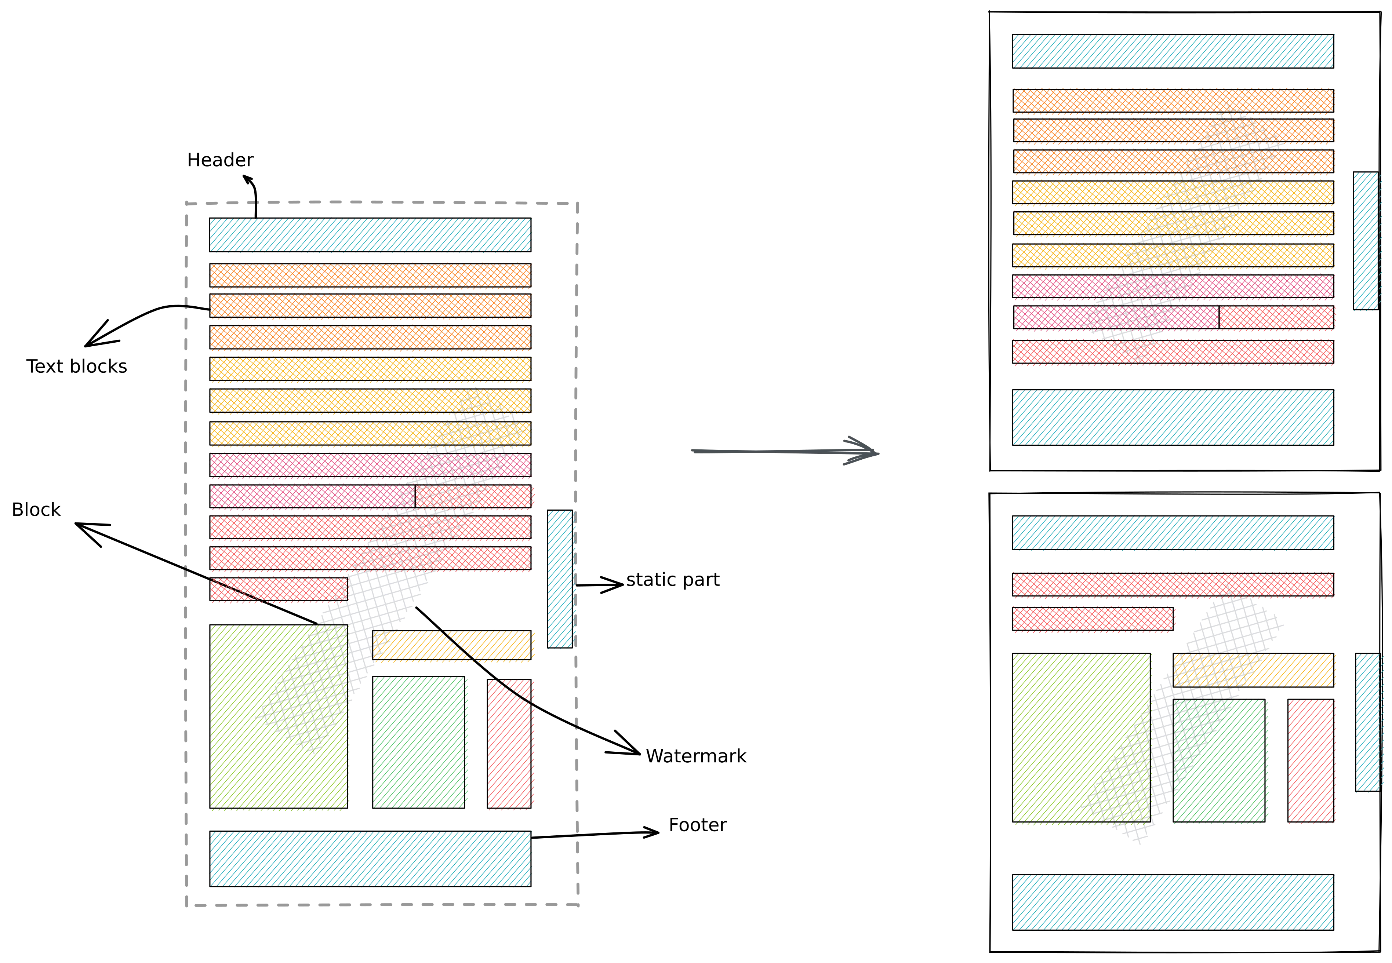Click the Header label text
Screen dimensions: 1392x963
220,160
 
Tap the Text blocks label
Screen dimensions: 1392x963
77,366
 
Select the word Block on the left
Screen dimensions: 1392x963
36,510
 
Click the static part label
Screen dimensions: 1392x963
673,580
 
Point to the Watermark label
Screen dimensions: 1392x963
696,756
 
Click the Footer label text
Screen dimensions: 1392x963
698,825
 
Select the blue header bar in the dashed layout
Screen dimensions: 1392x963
370,235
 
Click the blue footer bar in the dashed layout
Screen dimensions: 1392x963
370,858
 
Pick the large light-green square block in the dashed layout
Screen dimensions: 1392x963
278,716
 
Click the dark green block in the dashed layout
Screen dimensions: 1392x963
418,742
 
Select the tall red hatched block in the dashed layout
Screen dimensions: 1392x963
509,743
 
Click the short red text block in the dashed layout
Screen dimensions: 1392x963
278,589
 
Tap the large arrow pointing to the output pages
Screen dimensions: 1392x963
785,451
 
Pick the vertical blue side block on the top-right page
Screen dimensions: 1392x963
1366,241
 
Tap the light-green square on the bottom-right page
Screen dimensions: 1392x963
1081,737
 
